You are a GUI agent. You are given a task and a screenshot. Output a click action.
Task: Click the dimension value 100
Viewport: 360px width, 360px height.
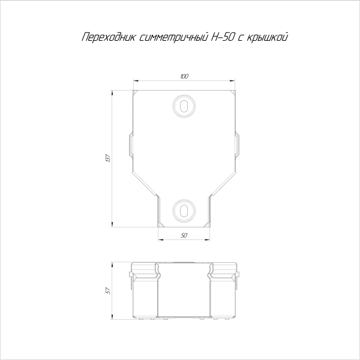(184, 77)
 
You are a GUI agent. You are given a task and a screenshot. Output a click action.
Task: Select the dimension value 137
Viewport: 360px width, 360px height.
(108, 159)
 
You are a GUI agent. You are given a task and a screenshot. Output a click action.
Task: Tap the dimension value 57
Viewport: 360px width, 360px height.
(108, 291)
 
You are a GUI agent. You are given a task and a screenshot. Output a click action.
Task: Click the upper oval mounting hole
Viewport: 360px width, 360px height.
(184, 106)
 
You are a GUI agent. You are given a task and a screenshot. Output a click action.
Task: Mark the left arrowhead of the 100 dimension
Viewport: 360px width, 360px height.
(135, 81)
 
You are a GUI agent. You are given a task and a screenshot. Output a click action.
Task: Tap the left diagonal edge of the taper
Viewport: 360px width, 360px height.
(145, 181)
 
